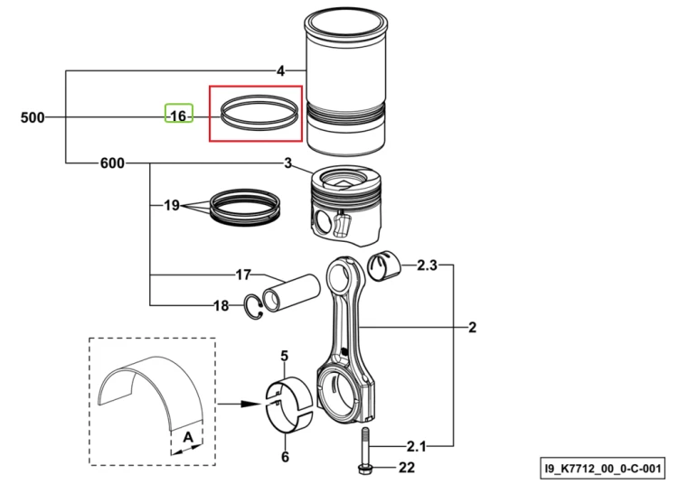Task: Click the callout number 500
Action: [x=33, y=117]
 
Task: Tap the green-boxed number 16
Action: [x=179, y=116]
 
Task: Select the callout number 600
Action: [x=112, y=163]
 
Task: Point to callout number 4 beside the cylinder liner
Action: [x=281, y=70]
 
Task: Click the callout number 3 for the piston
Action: [x=288, y=163]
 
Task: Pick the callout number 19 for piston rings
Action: [x=172, y=205]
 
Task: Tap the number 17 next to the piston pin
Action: [x=243, y=275]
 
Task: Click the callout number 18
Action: [x=221, y=306]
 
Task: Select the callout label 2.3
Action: [x=428, y=265]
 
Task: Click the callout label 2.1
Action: [x=417, y=446]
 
